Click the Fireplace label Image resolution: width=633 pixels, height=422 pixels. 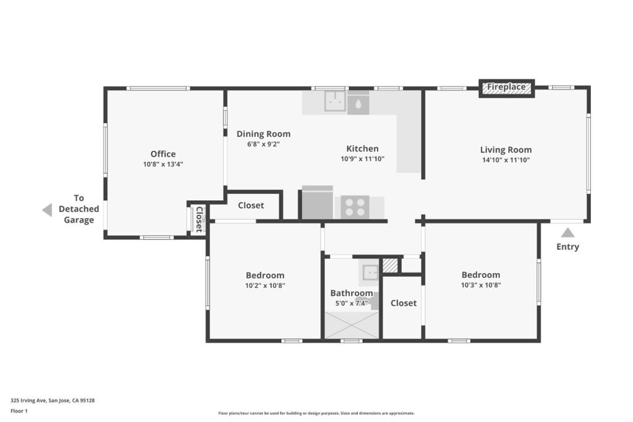coord(506,87)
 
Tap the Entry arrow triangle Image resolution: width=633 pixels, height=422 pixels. coord(567,233)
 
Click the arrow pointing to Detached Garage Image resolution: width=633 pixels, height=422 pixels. coord(47,210)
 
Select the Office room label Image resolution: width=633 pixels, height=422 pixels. coord(163,154)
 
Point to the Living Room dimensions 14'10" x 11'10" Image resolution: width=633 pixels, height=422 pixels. coord(506,160)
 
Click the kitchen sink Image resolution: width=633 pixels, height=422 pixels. coord(335,101)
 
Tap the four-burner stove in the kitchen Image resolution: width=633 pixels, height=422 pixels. coord(355,208)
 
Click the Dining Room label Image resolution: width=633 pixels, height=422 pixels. coord(263,134)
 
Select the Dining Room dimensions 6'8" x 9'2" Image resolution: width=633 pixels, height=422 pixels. coord(263,144)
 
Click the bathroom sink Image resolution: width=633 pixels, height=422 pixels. coord(370,272)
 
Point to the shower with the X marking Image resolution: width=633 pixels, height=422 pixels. coord(352,325)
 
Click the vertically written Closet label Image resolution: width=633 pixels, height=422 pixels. coord(199,219)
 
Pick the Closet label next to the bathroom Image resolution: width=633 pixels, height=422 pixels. coord(404,303)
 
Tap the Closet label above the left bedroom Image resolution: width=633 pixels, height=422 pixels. coord(251,205)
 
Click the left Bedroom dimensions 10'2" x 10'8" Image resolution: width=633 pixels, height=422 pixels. coord(265,285)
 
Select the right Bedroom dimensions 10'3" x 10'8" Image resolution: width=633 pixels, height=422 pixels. coord(481,285)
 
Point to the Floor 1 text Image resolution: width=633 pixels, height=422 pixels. coord(19,411)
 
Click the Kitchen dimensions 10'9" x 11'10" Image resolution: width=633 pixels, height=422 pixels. coord(362,159)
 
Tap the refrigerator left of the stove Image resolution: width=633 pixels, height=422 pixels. coord(318,203)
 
